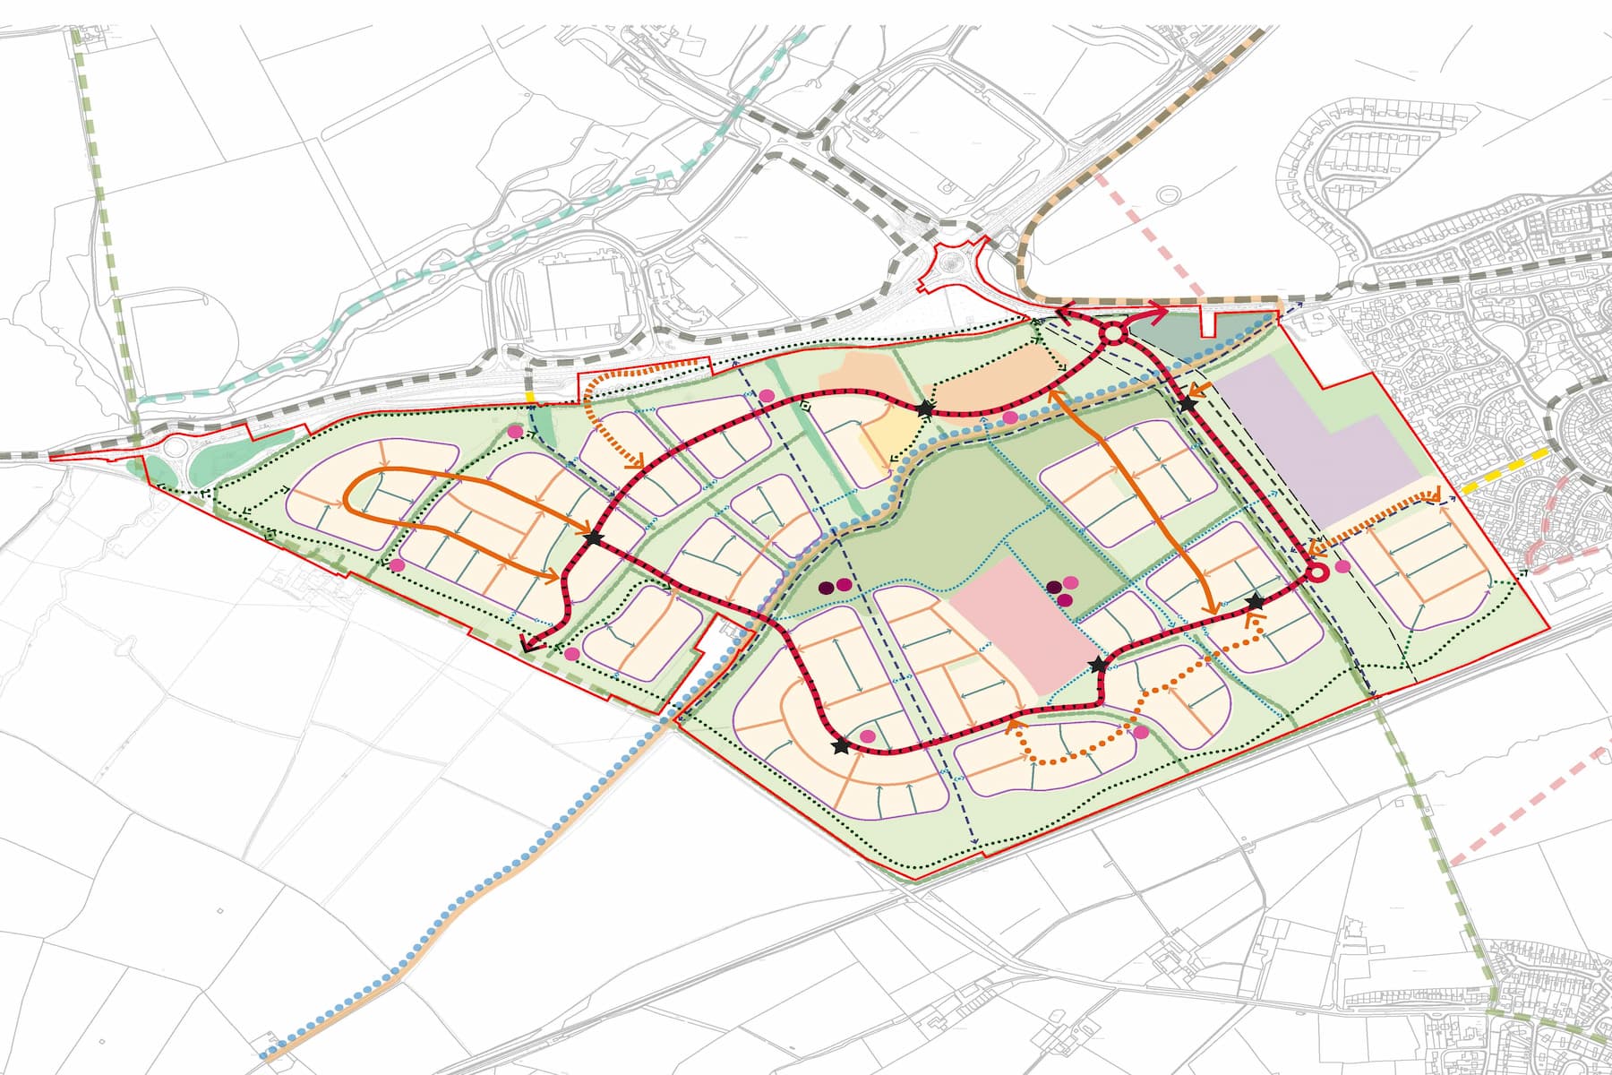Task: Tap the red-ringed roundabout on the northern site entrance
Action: (1111, 334)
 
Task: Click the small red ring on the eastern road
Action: (1316, 572)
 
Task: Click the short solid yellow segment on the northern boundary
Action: (530, 395)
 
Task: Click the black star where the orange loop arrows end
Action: (593, 537)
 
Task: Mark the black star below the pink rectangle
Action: (1099, 665)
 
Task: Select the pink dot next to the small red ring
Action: (1342, 566)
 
